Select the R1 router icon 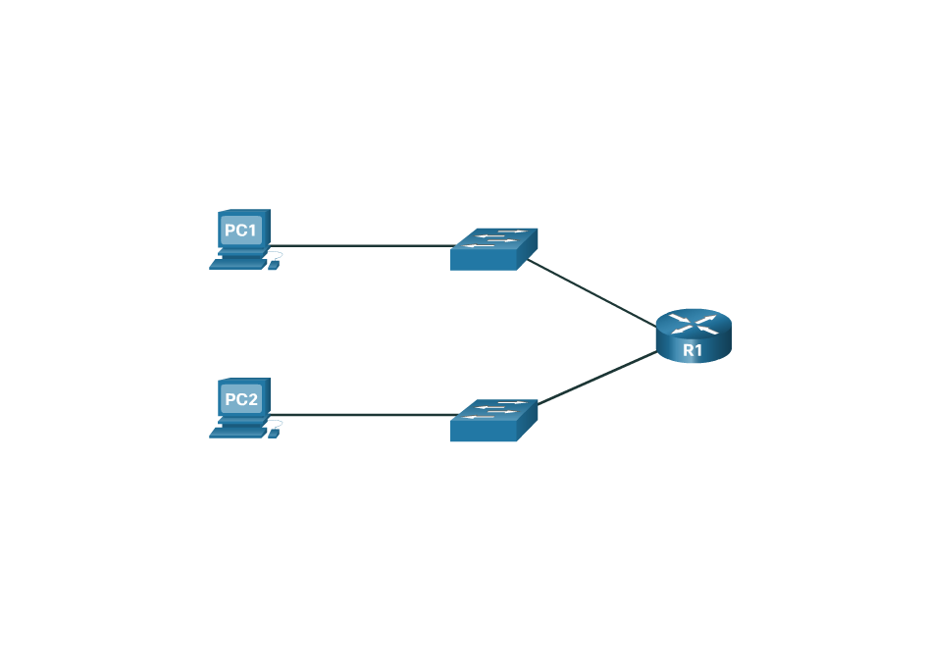(693, 335)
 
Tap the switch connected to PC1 (494, 249)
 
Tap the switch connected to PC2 (494, 420)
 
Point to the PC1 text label (241, 231)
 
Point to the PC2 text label (241, 400)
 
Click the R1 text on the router (693, 350)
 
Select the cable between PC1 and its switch (363, 245)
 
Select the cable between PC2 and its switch (363, 415)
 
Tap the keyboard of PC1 (237, 263)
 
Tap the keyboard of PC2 (237, 432)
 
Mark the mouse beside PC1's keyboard (274, 265)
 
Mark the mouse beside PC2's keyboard (274, 434)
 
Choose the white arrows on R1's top (693, 322)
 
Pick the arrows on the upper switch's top (495, 238)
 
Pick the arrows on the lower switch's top (495, 409)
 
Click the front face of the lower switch (484, 431)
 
